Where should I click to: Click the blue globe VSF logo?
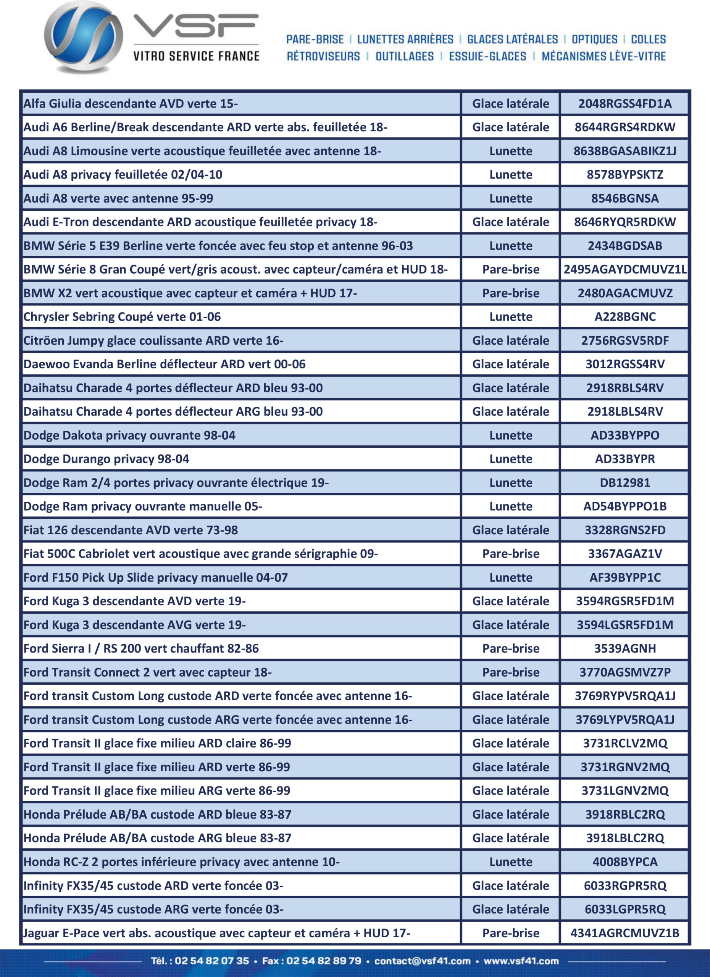pyautogui.click(x=83, y=38)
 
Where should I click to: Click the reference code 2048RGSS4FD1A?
pyautogui.click(x=625, y=104)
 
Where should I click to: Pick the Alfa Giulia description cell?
pyautogui.click(x=131, y=104)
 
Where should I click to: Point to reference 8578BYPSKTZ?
pyautogui.click(x=625, y=175)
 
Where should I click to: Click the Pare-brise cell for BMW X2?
pyautogui.click(x=510, y=293)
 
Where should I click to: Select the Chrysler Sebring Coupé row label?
pyautogui.click(x=122, y=317)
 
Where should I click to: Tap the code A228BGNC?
pyautogui.click(x=625, y=317)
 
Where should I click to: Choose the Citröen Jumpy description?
pyautogui.click(x=153, y=341)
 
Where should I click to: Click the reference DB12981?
pyautogui.click(x=625, y=483)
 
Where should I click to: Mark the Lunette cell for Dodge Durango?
pyautogui.click(x=510, y=459)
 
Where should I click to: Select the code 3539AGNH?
pyautogui.click(x=625, y=649)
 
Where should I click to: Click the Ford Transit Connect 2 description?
pyautogui.click(x=147, y=672)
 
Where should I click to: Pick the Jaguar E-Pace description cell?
pyautogui.click(x=217, y=933)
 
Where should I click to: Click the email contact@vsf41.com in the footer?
pyautogui.click(x=422, y=961)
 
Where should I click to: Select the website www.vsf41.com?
pyautogui.click(x=521, y=961)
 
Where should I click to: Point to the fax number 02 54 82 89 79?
pyautogui.click(x=324, y=961)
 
